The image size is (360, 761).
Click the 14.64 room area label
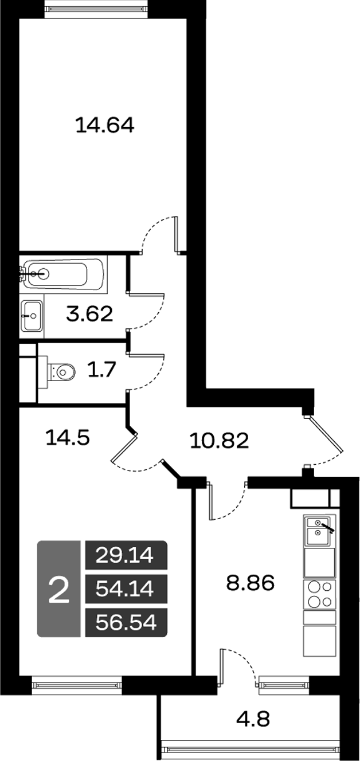pos(105,125)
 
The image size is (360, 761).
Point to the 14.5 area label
pos(66,438)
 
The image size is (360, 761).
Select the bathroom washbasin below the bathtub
pos(32,315)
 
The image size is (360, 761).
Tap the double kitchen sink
pos(319,530)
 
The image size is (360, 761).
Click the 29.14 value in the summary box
pos(126,555)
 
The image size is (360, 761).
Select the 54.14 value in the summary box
pos(126,588)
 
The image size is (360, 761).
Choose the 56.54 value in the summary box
pos(126,622)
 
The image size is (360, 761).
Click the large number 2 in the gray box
pos(58,589)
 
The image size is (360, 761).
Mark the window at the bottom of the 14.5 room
pos(77,684)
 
